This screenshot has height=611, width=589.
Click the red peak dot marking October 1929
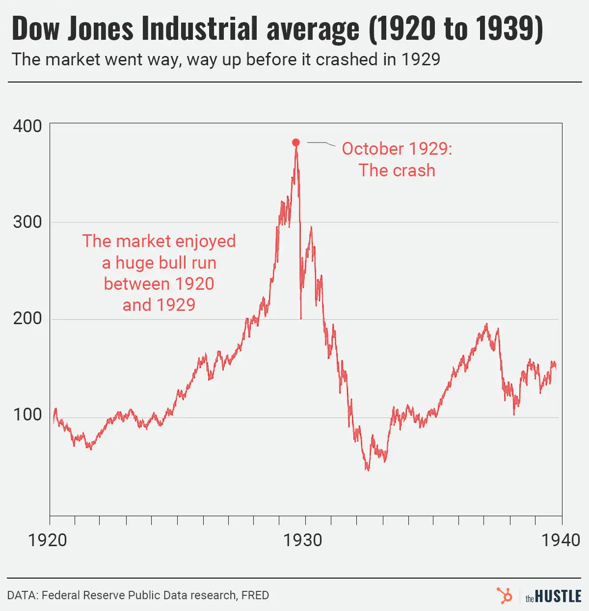296,142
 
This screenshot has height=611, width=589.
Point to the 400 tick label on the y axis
27,126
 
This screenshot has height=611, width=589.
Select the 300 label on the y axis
27,222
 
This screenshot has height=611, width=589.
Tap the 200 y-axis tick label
27,318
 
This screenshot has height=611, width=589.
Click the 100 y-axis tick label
27,415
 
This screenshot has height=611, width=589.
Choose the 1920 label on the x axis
48,540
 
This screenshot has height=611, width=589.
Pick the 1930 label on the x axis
303,540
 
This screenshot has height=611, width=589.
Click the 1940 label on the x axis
561,540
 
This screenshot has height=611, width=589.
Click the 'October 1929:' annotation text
397,149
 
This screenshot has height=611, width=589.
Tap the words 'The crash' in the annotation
397,170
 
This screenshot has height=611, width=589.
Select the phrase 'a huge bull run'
159,263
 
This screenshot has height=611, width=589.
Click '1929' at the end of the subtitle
421,59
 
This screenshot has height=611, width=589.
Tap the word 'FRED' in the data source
255,595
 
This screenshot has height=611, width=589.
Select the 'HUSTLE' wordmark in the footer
558,596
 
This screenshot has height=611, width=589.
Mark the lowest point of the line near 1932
367,470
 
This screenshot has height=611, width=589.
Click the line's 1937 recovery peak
486,324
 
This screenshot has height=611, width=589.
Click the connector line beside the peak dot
321,143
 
